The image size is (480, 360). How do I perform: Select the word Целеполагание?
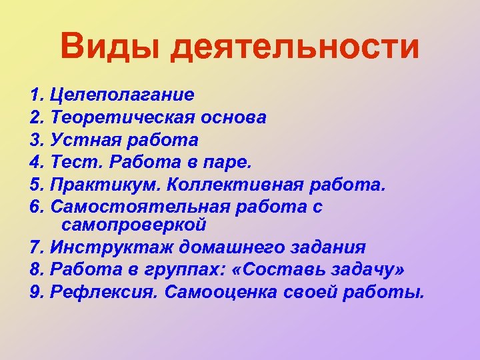(x=123, y=95)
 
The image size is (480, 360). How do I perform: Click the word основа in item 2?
(x=231, y=118)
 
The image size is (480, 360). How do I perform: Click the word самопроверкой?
(x=133, y=224)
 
